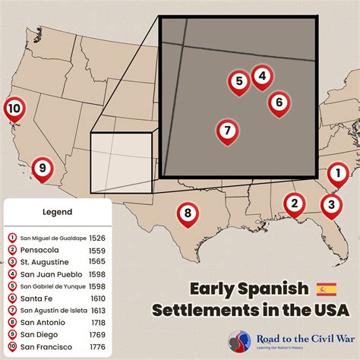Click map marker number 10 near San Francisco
point(14,109)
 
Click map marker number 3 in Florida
point(330,204)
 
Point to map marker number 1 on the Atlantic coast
point(336,175)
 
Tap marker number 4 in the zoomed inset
point(261,76)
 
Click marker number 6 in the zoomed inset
point(279,101)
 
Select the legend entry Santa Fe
point(36,298)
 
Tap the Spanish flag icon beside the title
point(325,289)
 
